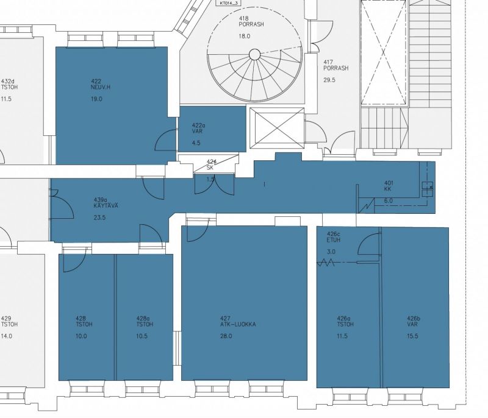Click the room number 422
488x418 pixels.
click(96, 81)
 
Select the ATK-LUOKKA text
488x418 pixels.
click(238, 325)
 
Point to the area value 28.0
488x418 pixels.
click(226, 336)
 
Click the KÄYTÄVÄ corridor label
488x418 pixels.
click(106, 207)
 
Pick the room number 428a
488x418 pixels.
click(143, 317)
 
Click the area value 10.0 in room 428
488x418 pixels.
click(81, 336)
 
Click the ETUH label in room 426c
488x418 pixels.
click(334, 240)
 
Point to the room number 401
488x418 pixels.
click(389, 183)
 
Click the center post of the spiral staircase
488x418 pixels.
click(254, 55)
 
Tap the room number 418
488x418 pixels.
click(243, 19)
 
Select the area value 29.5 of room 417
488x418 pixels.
click(329, 79)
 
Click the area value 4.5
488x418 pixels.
click(196, 143)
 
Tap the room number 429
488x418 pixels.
click(6, 317)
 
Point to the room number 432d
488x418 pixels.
click(8, 81)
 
